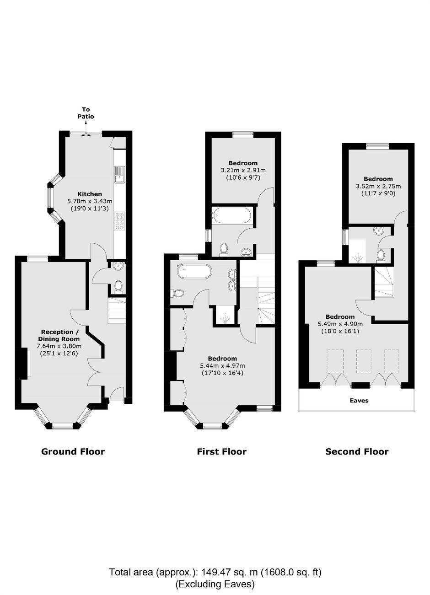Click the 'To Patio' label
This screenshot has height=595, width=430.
pos(86,113)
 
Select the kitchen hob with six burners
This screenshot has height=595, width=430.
pos(120,221)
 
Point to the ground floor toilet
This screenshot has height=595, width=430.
pos(118,287)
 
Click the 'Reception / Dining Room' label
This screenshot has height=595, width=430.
pos(59,336)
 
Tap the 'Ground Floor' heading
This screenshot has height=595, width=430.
pos(73,451)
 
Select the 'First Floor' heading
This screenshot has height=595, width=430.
pos(222,451)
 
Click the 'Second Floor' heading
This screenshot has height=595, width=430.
pos(357,451)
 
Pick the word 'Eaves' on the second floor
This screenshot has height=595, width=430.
pos(359,400)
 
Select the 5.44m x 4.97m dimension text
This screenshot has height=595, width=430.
pos(222,366)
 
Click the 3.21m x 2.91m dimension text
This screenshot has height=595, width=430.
pos(243,170)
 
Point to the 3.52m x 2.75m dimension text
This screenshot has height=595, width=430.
pos(378,186)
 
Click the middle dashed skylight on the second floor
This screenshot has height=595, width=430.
pos(364,361)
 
